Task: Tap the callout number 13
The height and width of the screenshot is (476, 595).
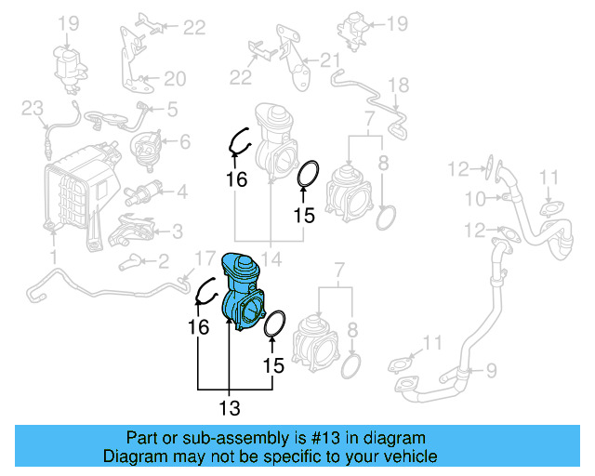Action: coord(229,408)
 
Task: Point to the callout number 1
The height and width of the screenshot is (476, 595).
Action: coord(53,255)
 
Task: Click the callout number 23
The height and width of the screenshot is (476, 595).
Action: coord(33,110)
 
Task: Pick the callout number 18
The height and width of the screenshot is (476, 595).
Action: coord(398,86)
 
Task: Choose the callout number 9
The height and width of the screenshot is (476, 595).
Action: coord(494,369)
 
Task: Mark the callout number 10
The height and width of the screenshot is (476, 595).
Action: coord(475,198)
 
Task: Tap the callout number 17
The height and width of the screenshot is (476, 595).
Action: coord(204,258)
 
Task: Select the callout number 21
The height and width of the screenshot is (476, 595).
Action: coord(331,61)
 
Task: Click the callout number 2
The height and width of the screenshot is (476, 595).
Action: coord(163,261)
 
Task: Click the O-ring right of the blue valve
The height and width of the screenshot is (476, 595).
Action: coord(274,327)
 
